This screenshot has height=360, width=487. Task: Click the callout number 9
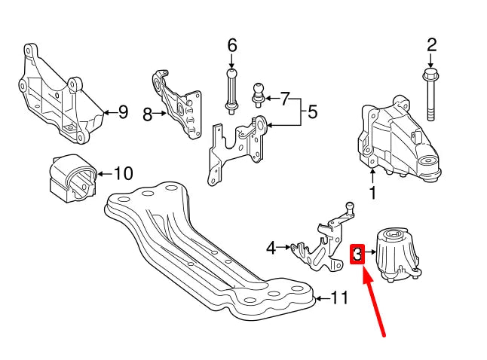[x=123, y=113]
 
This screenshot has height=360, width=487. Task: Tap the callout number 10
[x=122, y=174]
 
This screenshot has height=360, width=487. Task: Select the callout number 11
[x=339, y=299]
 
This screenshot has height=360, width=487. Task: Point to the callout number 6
[x=231, y=45]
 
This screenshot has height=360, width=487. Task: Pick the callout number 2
[x=431, y=44]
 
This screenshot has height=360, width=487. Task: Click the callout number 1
[x=372, y=193]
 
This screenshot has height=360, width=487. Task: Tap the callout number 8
[x=148, y=114]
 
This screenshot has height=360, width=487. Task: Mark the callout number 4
[x=271, y=246]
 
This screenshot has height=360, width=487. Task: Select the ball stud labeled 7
[x=258, y=93]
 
